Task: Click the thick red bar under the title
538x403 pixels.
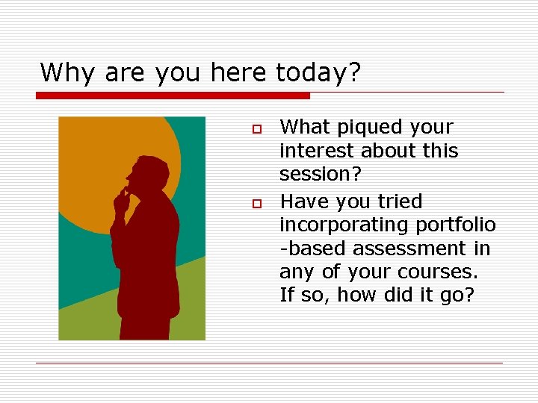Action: [173, 96]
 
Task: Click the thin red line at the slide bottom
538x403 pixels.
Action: [269, 363]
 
